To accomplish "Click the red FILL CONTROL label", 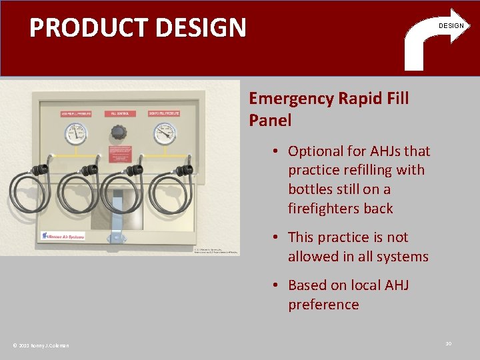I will [x=119, y=114].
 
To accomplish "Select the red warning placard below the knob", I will [x=119, y=150].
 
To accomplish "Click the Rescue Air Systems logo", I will [x=63, y=235].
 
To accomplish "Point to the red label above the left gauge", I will [x=75, y=114].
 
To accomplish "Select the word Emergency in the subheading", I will [x=291, y=99].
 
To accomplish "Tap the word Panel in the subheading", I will [x=270, y=121].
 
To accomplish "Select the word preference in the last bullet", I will [x=323, y=305].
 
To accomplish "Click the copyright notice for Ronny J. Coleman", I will [x=41, y=345].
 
